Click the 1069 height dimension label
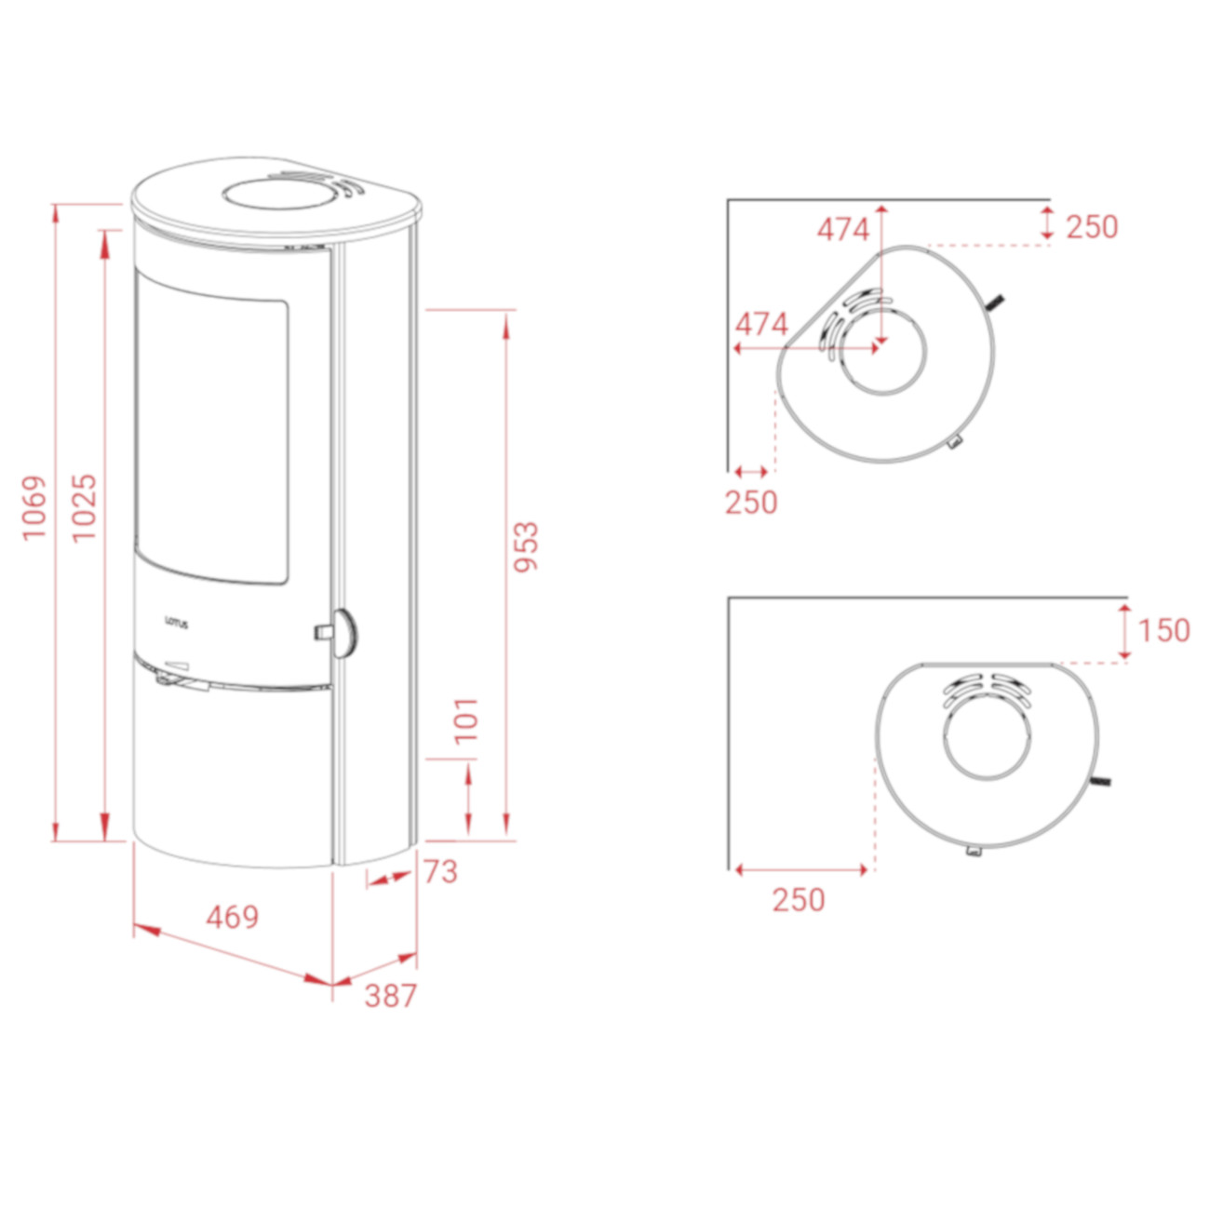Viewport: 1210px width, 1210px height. (x=34, y=506)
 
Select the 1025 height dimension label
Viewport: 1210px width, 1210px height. (x=84, y=507)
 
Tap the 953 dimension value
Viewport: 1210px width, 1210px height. (x=526, y=545)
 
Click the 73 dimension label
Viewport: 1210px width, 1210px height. (x=441, y=872)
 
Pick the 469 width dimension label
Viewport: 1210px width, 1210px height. (x=233, y=918)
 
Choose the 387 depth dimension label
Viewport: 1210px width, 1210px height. (x=391, y=996)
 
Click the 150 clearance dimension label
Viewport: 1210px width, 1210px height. (x=1164, y=630)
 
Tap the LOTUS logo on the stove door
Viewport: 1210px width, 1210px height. (x=177, y=625)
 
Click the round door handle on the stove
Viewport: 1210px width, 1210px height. (x=344, y=633)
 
